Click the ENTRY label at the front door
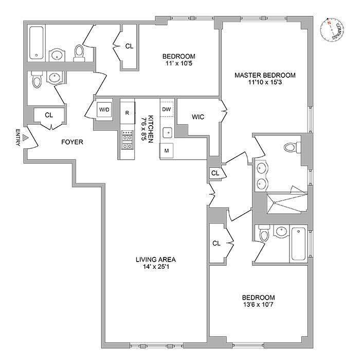pos(19,137)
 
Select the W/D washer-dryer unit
pos(104,109)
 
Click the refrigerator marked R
pos(127,112)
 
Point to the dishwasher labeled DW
pos(167,109)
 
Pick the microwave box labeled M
pos(167,150)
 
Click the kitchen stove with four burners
pos(127,139)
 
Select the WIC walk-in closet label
pos(198,117)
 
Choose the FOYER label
pos(72,142)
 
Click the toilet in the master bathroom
pos(291,147)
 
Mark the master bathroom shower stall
pos(285,202)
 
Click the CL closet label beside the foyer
pos(49,115)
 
